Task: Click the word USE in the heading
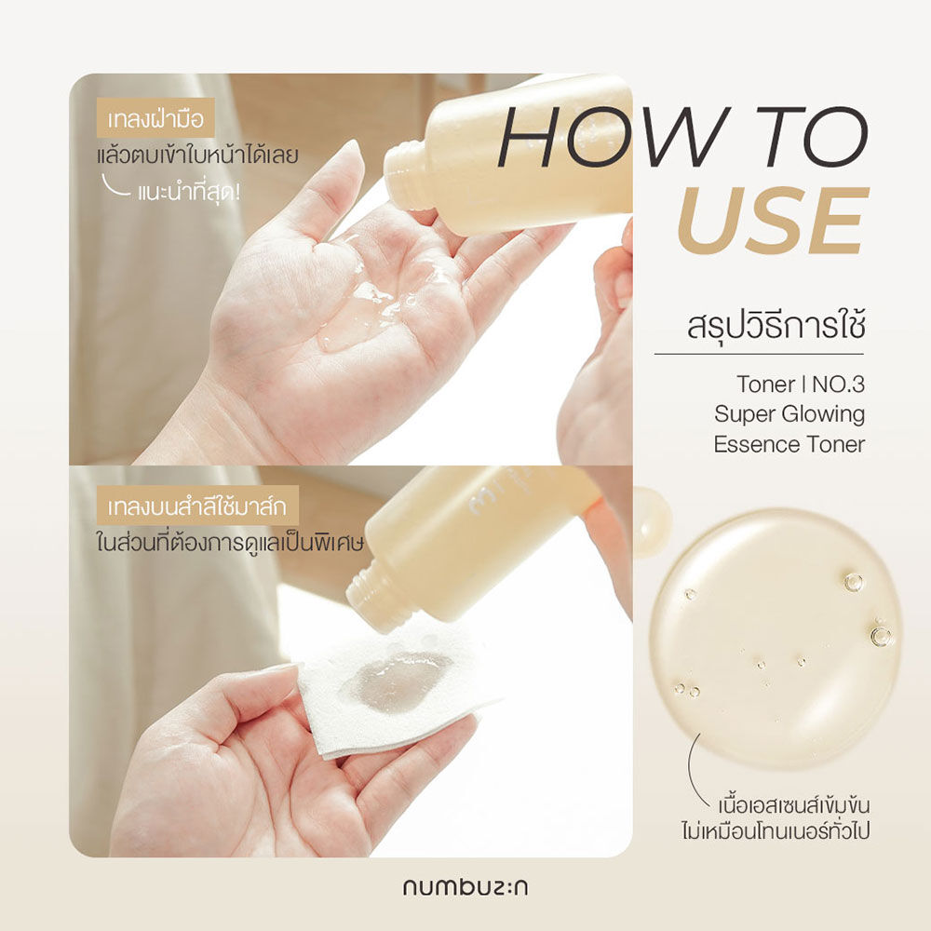point(772,221)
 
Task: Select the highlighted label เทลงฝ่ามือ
point(155,121)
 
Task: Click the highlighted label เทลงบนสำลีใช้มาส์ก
point(196,509)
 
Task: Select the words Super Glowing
point(789,413)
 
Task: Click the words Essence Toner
point(789,444)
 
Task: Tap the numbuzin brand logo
point(465,886)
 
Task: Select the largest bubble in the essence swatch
point(881,636)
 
